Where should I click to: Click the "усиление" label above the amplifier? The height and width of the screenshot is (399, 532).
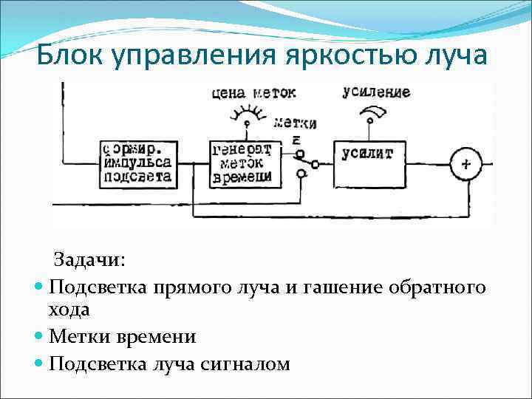(376, 92)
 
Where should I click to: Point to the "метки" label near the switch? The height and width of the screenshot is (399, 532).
(295, 123)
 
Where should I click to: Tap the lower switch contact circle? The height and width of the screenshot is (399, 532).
(301, 174)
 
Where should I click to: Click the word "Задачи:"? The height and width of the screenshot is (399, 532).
(89, 260)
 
